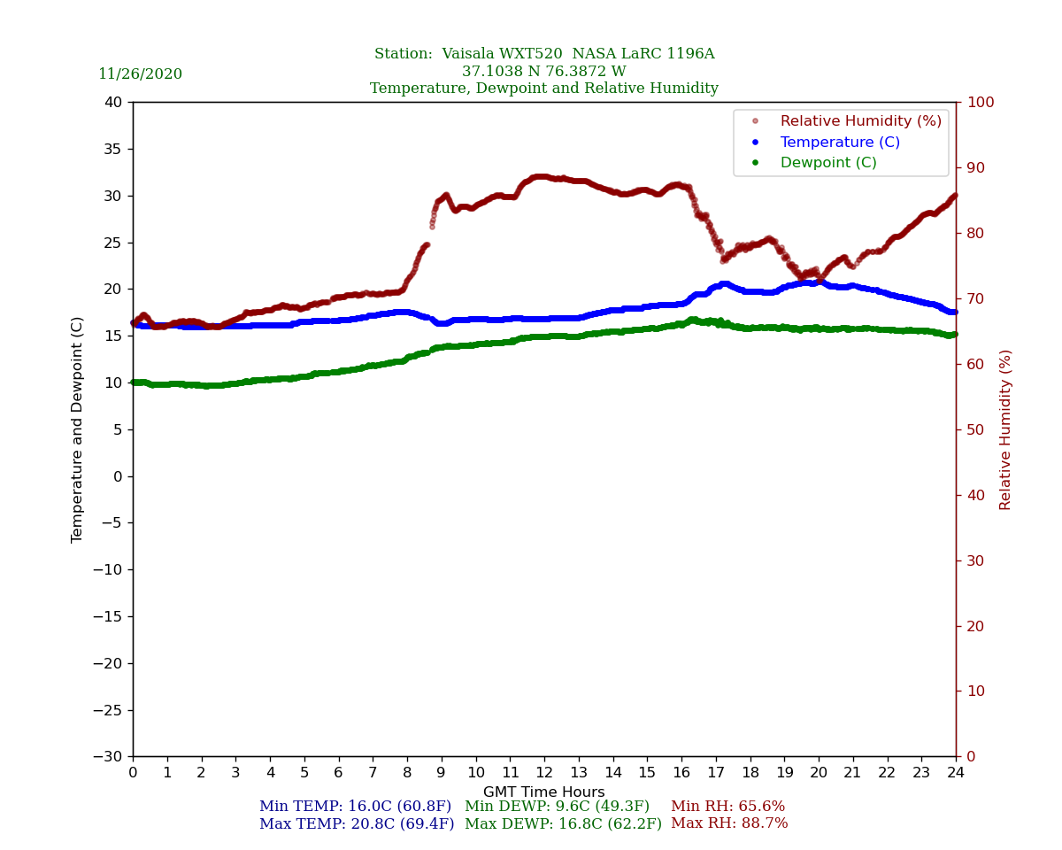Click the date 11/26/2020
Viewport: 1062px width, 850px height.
[x=140, y=74]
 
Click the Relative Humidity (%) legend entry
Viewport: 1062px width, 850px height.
[x=860, y=121]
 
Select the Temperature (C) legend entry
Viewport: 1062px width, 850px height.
[x=839, y=143]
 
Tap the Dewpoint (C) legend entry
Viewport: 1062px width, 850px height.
[x=827, y=163]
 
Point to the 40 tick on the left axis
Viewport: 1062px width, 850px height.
[x=112, y=103]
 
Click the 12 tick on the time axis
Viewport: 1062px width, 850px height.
[x=544, y=773]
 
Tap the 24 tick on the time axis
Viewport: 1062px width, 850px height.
[x=956, y=773]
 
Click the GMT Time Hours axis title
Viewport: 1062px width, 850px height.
[x=544, y=792]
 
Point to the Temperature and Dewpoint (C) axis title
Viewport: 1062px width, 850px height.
[x=78, y=429]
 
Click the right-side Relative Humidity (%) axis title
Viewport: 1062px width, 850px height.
[x=1005, y=429]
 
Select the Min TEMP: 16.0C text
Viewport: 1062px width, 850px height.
[x=355, y=807]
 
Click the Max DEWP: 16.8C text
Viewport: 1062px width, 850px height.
[x=563, y=824]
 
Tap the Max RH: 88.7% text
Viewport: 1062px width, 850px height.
[x=729, y=823]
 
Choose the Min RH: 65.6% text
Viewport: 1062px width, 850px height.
[x=727, y=807]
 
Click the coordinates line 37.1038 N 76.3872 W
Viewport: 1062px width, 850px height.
[x=544, y=72]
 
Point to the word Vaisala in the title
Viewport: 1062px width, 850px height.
[x=474, y=54]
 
